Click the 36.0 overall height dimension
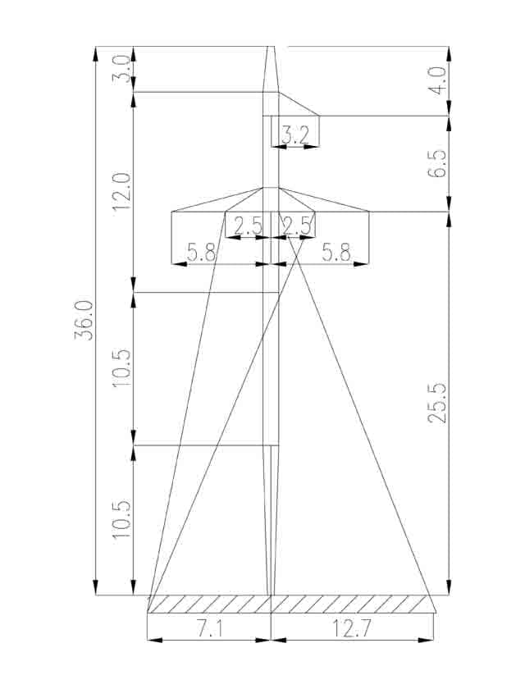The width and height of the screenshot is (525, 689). (x=84, y=321)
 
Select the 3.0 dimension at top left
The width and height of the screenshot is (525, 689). (x=121, y=69)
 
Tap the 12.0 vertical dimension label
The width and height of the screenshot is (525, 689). (x=121, y=192)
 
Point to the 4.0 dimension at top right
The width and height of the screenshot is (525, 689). (x=437, y=80)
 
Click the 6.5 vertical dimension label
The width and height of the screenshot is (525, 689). (x=437, y=164)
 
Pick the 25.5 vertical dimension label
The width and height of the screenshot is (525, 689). (x=437, y=404)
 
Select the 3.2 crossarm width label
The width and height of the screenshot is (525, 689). (x=295, y=136)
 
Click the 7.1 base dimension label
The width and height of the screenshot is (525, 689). (x=209, y=629)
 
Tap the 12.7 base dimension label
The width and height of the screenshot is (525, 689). (x=351, y=629)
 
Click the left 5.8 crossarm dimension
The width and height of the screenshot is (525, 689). (x=202, y=253)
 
